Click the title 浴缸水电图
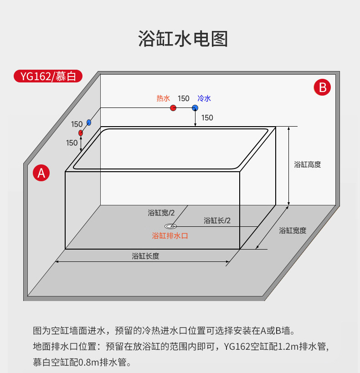coord(183,39)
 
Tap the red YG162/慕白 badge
coord(48,76)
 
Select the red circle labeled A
coord(41,173)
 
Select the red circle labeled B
coord(323,87)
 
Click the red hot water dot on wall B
coord(173,108)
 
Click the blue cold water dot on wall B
coord(195,108)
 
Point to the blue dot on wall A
coord(89,123)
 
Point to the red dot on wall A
coord(81,133)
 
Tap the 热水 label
coord(163,98)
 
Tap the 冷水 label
coord(204,98)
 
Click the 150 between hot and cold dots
coord(184,98)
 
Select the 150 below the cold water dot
coord(207,118)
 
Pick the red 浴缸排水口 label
coord(170,236)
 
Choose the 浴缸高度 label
coord(307,164)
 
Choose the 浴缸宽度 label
coord(293,230)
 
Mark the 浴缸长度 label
coord(145,256)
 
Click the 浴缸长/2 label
coord(217,220)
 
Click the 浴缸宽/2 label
coord(161,212)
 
